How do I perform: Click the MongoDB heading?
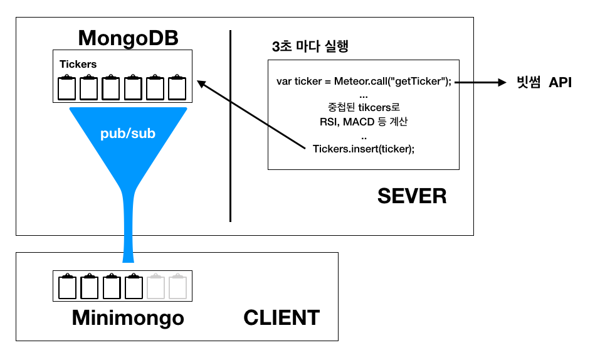128,38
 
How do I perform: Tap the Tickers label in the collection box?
78,64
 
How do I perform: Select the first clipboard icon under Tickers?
66,87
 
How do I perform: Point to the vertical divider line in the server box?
230,125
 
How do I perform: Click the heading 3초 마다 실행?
310,47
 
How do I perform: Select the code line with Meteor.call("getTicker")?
364,82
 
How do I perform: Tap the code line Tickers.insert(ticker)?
364,149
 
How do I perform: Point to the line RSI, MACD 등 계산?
364,122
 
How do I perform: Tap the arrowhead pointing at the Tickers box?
201,83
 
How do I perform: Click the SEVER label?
412,196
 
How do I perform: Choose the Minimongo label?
128,317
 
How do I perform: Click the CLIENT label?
281,317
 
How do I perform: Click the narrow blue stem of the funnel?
128,226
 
